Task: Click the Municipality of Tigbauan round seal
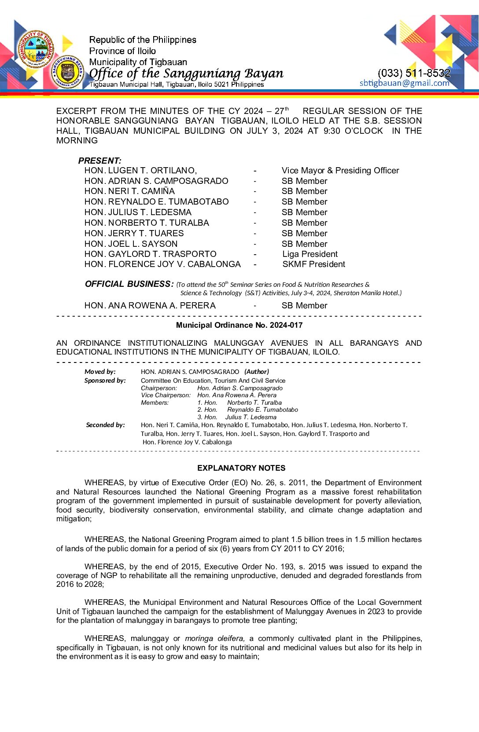pyautogui.click(x=36, y=49)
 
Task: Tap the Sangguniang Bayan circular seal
pyautogui.click(x=67, y=71)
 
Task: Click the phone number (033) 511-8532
pyautogui.click(x=414, y=73)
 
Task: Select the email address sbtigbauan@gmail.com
pyautogui.click(x=404, y=83)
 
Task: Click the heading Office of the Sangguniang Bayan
pyautogui.click(x=186, y=73)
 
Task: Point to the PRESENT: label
pyautogui.click(x=100, y=161)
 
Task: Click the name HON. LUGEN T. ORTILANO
pyautogui.click(x=140, y=171)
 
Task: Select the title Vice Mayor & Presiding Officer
pyautogui.click(x=340, y=171)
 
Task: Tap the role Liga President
pyautogui.click(x=310, y=254)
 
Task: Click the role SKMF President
pyautogui.click(x=313, y=264)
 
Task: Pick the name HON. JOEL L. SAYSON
pyautogui.click(x=131, y=244)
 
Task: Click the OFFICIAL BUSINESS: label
pyautogui.click(x=129, y=284)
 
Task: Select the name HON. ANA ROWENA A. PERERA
pyautogui.click(x=150, y=305)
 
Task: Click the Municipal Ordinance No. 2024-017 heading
pyautogui.click(x=239, y=325)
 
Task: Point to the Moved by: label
pyautogui.click(x=100, y=372)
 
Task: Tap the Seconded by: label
pyautogui.click(x=105, y=425)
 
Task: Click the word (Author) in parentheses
pyautogui.click(x=257, y=372)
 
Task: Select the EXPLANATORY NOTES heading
pyautogui.click(x=241, y=468)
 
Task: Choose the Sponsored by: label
pyautogui.click(x=105, y=381)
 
